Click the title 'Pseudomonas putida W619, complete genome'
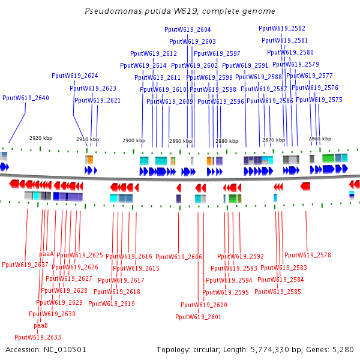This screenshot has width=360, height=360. [180, 11]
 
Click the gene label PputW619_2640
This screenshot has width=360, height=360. [26, 98]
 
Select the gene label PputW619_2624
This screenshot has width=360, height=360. [75, 76]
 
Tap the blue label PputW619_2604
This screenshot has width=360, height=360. [188, 29]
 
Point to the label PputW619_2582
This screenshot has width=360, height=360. [282, 28]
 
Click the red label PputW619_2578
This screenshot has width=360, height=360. [308, 255]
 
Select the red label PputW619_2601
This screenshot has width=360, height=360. [198, 317]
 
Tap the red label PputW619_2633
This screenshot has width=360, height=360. [38, 337]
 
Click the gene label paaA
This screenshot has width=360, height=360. [47, 254]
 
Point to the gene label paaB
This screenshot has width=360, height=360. [41, 325]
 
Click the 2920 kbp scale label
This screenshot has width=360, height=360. [41, 137]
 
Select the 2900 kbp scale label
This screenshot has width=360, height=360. [134, 140]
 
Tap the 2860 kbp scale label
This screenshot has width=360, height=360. [320, 139]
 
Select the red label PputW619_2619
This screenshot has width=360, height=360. [112, 304]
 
